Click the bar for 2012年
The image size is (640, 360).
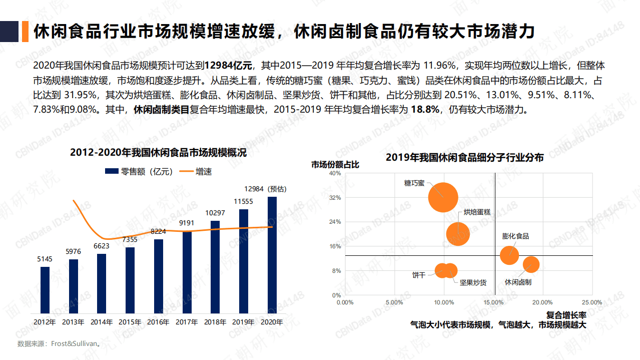[45, 289]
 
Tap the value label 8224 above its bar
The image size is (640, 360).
[159, 231]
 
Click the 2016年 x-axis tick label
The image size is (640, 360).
[159, 322]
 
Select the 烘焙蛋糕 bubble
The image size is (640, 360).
[458, 234]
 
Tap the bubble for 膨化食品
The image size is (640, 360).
[509, 254]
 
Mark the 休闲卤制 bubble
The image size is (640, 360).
[531, 264]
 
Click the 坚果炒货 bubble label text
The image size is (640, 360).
[473, 282]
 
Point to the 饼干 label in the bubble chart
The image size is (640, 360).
[418, 275]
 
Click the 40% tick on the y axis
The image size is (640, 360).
[335, 173]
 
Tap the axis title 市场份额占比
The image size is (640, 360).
[335, 164]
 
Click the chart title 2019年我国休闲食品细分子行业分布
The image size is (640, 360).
[464, 157]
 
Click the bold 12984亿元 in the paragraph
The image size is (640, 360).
[230, 65]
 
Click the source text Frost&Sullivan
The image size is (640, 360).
[77, 344]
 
